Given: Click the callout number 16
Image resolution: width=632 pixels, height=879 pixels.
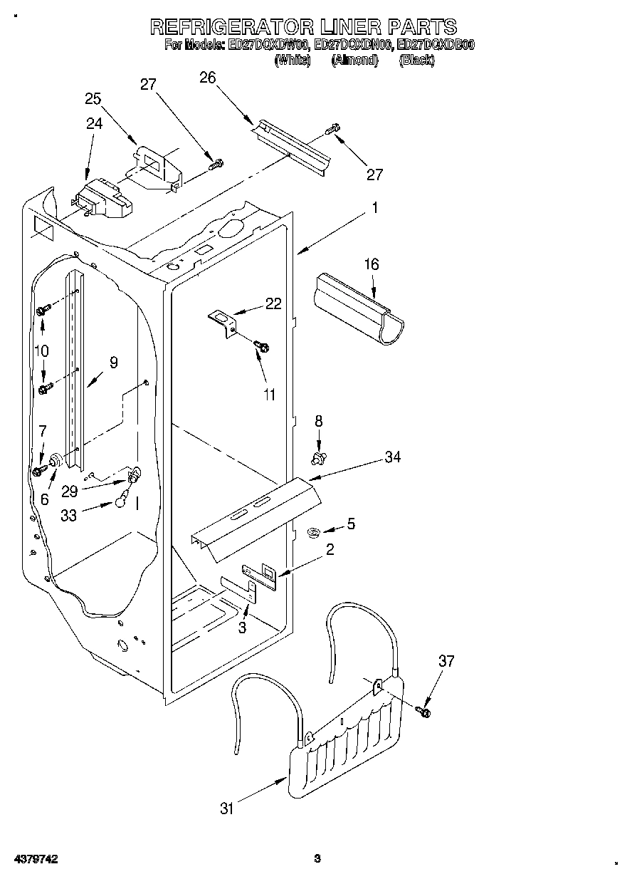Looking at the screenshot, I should coord(372,264).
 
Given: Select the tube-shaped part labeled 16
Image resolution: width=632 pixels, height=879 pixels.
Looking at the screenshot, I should coord(359,310).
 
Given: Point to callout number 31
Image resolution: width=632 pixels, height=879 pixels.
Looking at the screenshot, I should coord(226,808).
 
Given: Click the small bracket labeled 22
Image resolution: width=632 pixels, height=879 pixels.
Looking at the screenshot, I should coord(223,319).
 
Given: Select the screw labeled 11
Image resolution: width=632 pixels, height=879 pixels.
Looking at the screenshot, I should coord(261,347).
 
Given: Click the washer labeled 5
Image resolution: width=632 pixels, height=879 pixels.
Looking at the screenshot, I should coord(313,531).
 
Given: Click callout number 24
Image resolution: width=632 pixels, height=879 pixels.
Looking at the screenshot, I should coord(94,123).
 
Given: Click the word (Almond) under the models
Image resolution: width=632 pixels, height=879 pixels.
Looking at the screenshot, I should coord(354,61).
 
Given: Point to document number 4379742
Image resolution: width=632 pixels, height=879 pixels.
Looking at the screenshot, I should coord(36,860).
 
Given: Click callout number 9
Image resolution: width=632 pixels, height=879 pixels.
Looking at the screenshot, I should coord(113,363).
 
